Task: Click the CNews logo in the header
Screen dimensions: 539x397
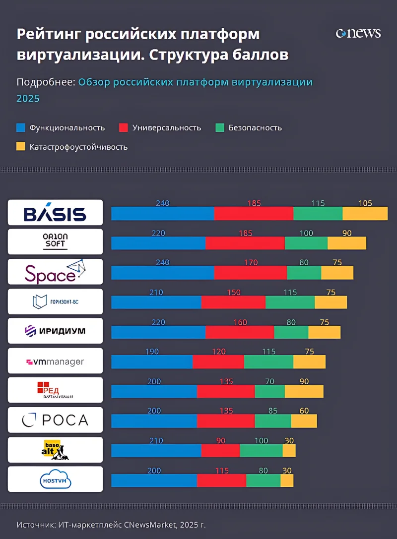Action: [358, 34]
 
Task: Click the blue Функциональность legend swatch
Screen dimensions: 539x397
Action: [20, 127]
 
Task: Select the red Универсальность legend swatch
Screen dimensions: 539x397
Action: [124, 127]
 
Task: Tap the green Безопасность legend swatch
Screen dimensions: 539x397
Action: [220, 127]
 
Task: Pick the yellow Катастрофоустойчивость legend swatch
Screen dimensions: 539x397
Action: [20, 147]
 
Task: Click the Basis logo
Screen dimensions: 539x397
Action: [55, 213]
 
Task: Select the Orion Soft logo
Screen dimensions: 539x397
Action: [55, 241]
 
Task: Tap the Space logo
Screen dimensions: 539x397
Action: [55, 272]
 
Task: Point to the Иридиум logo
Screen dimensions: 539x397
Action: [55, 331]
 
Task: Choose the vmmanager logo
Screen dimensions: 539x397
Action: [55, 361]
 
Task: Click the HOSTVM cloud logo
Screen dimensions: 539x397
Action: [55, 479]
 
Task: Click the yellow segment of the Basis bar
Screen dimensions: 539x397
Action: [365, 213]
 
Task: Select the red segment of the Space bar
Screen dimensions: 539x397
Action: [251, 273]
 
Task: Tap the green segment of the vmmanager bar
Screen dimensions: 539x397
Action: [268, 362]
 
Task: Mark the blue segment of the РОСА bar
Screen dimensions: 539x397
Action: [154, 421]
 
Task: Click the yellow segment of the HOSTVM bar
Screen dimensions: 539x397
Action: [287, 480]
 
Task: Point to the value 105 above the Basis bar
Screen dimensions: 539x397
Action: [365, 203]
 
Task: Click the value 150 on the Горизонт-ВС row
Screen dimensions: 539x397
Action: [234, 293]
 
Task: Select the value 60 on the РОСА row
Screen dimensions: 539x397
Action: [304, 411]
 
